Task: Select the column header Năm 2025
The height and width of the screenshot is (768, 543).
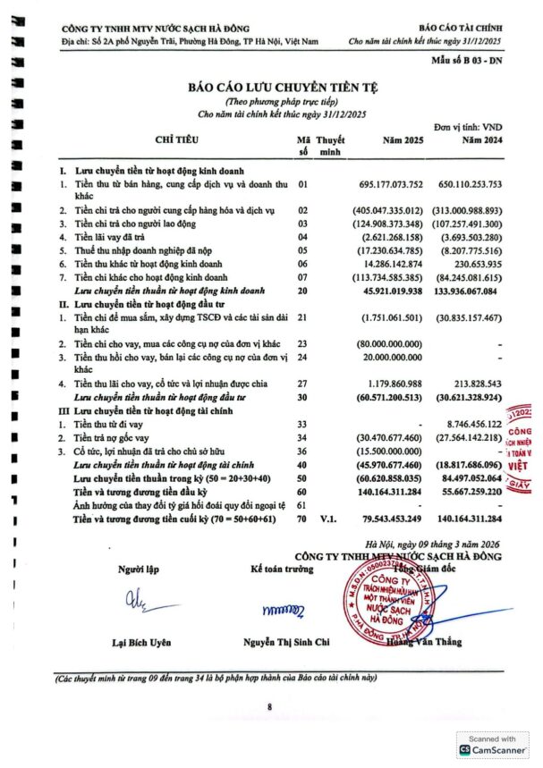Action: [x=403, y=140]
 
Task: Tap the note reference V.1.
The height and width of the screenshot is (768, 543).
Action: [x=329, y=519]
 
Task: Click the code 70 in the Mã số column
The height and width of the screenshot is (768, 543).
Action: [x=302, y=519]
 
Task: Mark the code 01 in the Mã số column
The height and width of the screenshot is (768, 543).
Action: [x=302, y=184]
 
